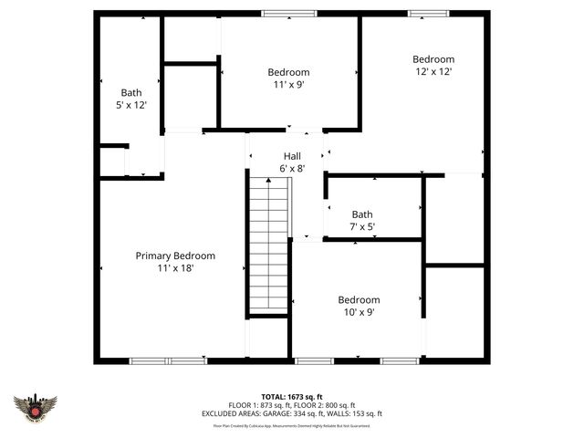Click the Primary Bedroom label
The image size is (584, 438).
175,255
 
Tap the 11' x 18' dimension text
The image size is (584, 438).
175,268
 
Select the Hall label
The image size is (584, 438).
291,156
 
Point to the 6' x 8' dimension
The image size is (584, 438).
291,168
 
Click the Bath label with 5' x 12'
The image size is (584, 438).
131,92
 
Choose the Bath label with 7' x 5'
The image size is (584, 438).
362,214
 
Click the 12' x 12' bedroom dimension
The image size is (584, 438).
433,71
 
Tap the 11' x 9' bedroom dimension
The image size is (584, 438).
288,84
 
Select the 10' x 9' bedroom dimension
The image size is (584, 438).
359,312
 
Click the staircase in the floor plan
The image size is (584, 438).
269,246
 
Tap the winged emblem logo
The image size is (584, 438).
36,407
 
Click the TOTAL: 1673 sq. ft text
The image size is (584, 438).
292,397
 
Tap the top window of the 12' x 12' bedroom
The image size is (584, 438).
422,13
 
